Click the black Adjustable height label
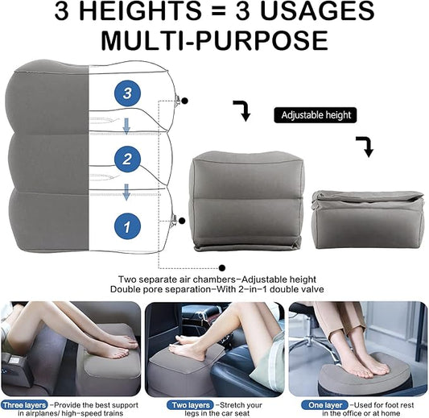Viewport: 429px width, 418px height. tap(316, 115)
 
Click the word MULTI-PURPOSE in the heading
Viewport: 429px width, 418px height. tap(214, 40)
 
